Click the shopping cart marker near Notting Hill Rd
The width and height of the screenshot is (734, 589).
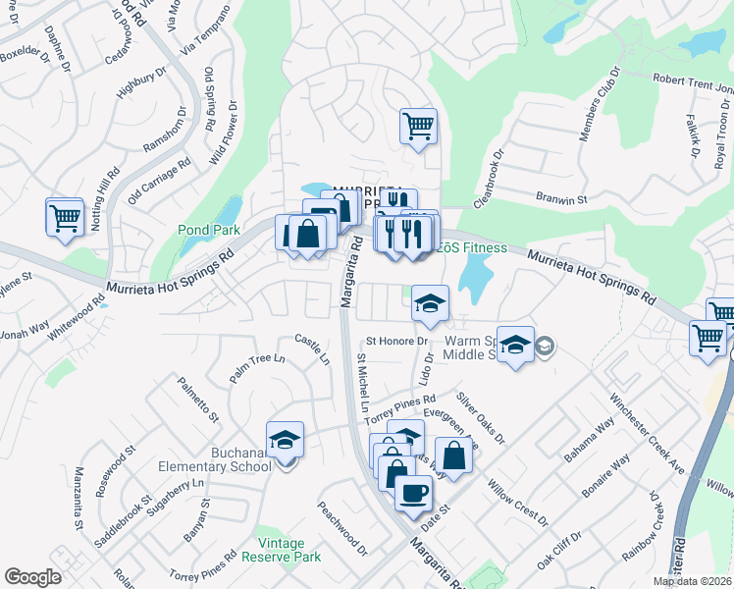click(65, 217)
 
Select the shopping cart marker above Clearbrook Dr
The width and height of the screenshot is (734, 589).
click(418, 127)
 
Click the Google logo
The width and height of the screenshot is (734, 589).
click(32, 577)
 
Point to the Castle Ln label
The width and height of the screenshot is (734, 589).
click(311, 349)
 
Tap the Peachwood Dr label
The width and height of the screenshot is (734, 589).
click(341, 525)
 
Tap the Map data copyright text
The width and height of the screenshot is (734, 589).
click(693, 581)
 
